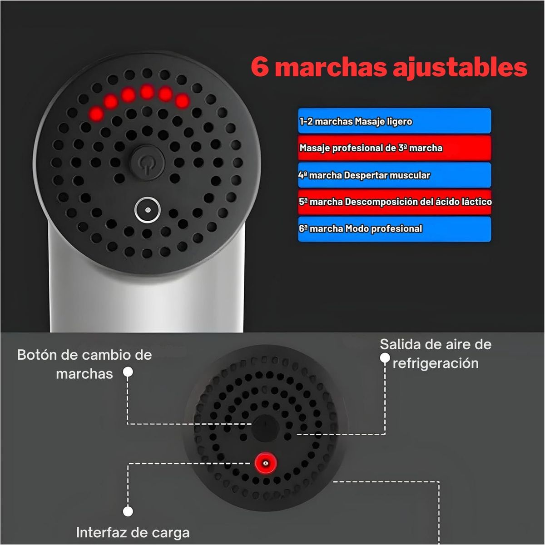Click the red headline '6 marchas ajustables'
(x=389, y=67)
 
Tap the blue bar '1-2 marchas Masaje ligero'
(x=394, y=121)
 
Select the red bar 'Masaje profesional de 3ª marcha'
(x=394, y=148)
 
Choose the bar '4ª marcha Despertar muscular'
(x=394, y=175)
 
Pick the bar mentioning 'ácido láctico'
(x=394, y=202)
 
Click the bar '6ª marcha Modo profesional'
(x=394, y=229)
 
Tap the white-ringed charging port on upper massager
(x=147, y=210)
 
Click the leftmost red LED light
(x=96, y=114)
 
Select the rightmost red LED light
(x=182, y=101)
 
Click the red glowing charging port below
(x=265, y=463)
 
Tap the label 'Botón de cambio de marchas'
(x=84, y=364)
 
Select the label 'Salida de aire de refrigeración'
(x=436, y=353)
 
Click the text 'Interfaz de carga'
(x=133, y=533)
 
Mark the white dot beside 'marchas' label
(x=128, y=372)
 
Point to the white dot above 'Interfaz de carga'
(x=128, y=511)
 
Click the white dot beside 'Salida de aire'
(x=385, y=358)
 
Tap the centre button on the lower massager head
(x=265, y=428)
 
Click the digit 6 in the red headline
(x=260, y=67)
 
